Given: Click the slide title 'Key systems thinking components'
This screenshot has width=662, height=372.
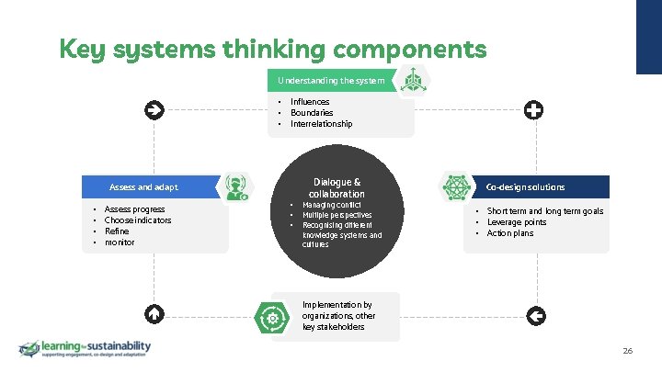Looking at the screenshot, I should (x=272, y=48).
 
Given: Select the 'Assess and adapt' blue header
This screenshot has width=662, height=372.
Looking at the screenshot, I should (x=143, y=187).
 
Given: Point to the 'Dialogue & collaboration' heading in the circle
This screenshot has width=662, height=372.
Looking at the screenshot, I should (x=337, y=187).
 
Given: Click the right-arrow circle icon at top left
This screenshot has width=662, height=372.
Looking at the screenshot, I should (x=153, y=110).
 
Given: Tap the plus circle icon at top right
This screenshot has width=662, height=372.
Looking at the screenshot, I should (x=533, y=110).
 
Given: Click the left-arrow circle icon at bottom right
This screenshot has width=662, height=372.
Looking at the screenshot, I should (x=537, y=315).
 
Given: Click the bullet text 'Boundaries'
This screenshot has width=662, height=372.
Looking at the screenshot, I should (x=312, y=113).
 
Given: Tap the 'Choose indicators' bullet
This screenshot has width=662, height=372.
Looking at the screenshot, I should (x=138, y=220).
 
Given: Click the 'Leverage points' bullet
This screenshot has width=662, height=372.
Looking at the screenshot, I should (x=517, y=222).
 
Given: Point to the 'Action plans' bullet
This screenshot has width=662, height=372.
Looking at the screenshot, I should (x=510, y=233).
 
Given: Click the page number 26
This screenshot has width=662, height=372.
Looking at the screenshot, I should (x=628, y=351).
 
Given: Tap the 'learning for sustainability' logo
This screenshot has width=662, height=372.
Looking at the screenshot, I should (x=85, y=349).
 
